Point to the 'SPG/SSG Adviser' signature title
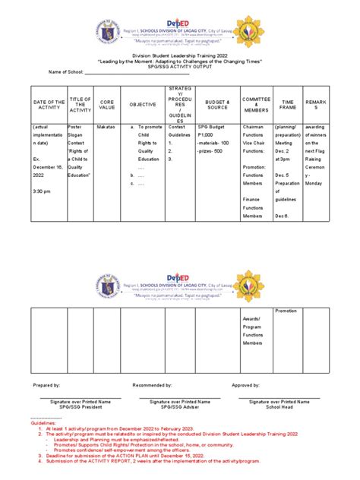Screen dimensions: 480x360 point(179,407)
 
